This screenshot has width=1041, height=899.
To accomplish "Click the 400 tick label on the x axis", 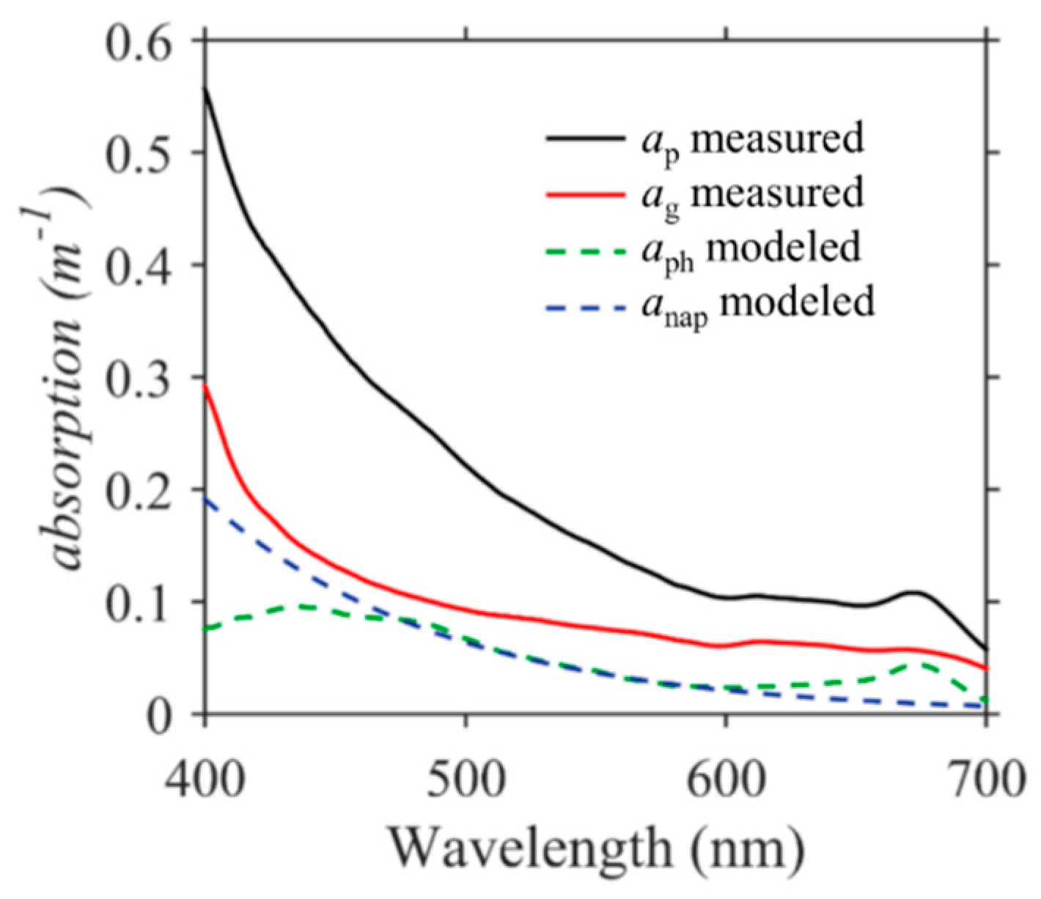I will pos(205,779).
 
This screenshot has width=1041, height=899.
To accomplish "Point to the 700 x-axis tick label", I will pos(985,779).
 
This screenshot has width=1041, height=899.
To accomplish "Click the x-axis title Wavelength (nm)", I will pos(596,848).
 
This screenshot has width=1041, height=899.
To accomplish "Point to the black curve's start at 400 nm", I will pos(205,88).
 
